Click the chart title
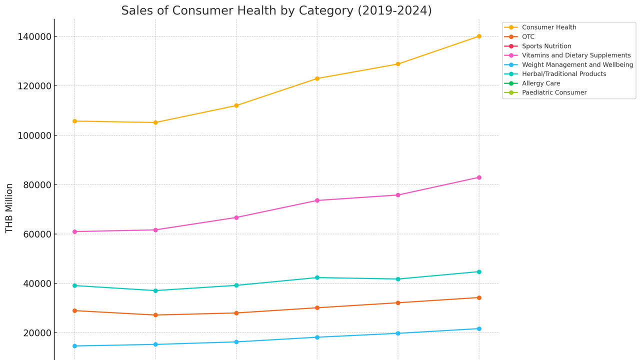tap(276, 10)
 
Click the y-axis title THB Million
tap(9, 208)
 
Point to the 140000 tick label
tap(34, 36)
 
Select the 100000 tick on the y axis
tap(34, 135)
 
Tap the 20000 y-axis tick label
tap(37, 333)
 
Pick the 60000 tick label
tap(37, 234)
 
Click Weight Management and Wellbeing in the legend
tap(568, 64)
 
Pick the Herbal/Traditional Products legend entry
tap(555, 73)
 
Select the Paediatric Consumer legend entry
tap(545, 92)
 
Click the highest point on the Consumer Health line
tap(479, 36)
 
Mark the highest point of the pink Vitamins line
tap(479, 177)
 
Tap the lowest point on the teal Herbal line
tap(155, 290)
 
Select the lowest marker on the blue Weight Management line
tap(75, 346)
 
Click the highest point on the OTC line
tap(479, 297)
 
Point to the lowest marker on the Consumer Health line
tap(155, 122)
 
